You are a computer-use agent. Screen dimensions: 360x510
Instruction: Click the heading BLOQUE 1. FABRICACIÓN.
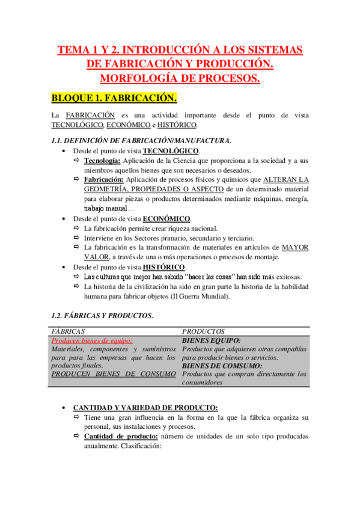tap(114, 97)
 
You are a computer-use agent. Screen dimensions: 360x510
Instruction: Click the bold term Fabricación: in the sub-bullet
tap(103, 180)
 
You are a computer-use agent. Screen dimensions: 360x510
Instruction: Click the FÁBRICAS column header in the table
tap(69, 331)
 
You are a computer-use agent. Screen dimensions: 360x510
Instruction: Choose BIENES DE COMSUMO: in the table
tap(222, 366)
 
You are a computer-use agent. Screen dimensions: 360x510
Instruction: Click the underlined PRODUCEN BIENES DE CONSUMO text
tap(114, 374)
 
